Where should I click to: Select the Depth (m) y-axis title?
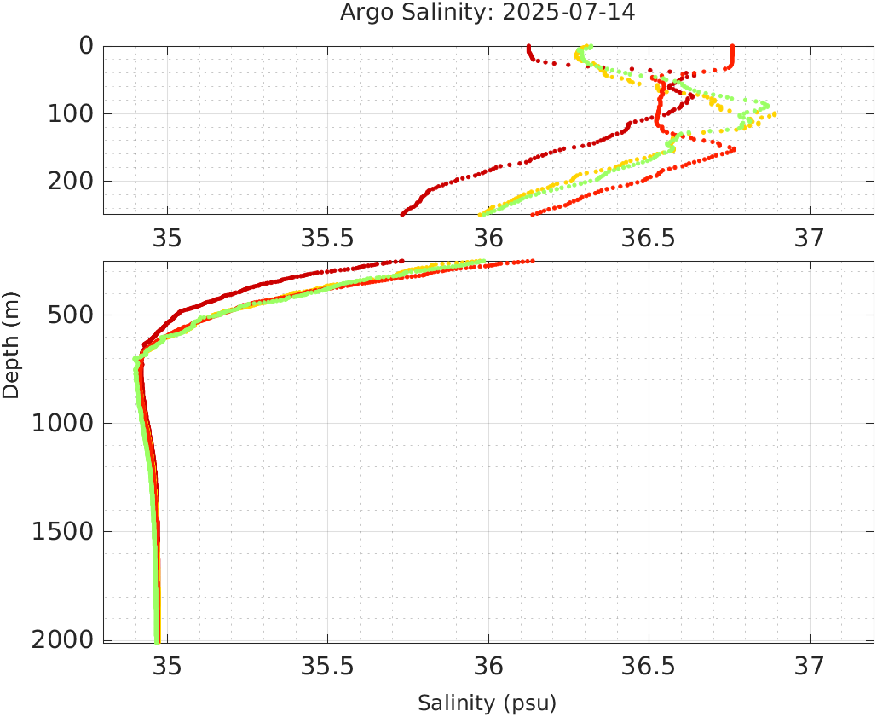[x=11, y=344]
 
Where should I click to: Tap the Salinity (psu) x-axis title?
[x=487, y=703]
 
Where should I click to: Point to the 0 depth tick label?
[x=86, y=46]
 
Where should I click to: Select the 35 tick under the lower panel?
[x=167, y=666]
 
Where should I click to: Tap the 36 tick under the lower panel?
[x=488, y=666]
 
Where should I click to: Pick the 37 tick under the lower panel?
[x=810, y=666]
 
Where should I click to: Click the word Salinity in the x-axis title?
[x=456, y=703]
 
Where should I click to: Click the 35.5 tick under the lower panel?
[x=328, y=666]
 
